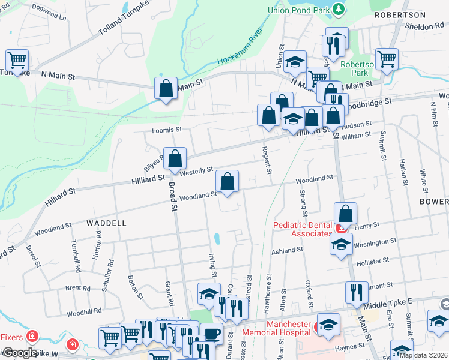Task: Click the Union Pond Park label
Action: click(300, 9)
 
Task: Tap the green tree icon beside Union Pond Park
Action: click(339, 8)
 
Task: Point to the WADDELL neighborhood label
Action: click(106, 223)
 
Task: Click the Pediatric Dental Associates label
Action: click(302, 229)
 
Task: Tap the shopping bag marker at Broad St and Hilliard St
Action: click(175, 159)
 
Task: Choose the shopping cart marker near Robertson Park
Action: click(387, 59)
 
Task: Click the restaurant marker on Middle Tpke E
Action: click(357, 292)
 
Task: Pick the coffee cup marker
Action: click(211, 334)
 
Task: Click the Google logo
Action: click(19, 352)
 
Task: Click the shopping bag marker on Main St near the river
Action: click(166, 88)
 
